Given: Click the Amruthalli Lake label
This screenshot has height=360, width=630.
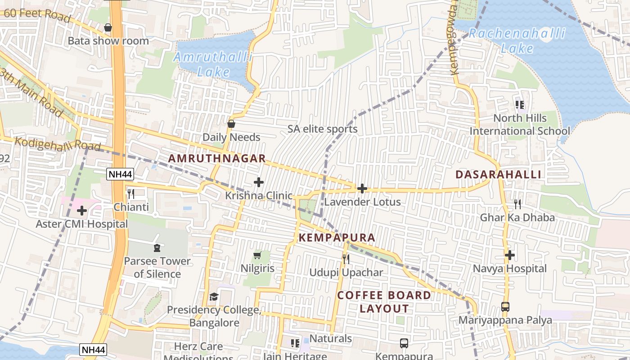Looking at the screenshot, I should (213, 64).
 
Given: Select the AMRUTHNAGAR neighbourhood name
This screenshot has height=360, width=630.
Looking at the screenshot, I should (217, 159).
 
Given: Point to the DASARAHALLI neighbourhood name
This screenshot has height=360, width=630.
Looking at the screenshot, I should (498, 175).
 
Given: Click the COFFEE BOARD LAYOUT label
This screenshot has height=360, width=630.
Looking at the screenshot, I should (384, 302).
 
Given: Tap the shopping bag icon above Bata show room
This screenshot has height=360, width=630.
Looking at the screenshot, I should (108, 28).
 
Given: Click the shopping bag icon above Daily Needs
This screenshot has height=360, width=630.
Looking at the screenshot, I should (231, 124).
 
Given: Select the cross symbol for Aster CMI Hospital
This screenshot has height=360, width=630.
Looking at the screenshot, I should (82, 210).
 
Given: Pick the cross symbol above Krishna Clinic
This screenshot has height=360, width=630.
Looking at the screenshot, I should (259, 182).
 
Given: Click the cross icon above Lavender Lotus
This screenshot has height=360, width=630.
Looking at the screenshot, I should (362, 189).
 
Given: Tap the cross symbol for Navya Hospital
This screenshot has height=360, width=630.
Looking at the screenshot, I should (509, 256).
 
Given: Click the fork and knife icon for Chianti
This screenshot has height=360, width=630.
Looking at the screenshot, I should (131, 194).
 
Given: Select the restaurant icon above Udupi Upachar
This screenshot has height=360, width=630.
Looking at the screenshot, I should (346, 259).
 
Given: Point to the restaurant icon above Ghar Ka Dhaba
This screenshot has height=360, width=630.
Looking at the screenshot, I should (517, 204).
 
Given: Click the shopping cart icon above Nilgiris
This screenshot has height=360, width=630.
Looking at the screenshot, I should (257, 256).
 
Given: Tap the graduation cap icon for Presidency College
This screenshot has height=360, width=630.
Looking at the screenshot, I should (214, 297).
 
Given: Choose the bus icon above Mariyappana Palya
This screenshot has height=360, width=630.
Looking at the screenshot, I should (505, 307).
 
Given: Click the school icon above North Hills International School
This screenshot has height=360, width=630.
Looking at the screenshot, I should (520, 105).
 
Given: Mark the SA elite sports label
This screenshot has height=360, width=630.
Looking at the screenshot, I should (323, 129).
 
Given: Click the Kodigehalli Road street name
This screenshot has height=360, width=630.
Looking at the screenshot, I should (58, 144).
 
